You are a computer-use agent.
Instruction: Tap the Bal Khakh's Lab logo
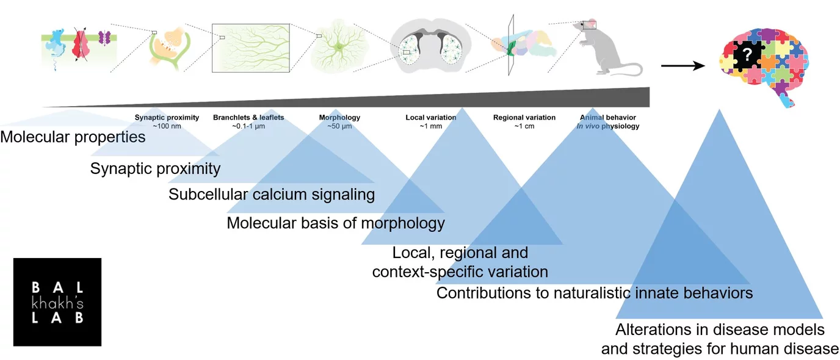pyautogui.click(x=57, y=302)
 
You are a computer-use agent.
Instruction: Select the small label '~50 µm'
pyautogui.click(x=339, y=126)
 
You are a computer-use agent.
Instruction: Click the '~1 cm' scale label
pyautogui.click(x=524, y=126)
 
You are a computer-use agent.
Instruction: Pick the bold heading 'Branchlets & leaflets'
pyautogui.click(x=248, y=118)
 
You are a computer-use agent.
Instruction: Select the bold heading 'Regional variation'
pyautogui.click(x=524, y=118)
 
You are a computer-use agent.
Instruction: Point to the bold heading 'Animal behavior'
pyautogui.click(x=608, y=118)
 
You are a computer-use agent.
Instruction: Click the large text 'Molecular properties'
pyautogui.click(x=73, y=137)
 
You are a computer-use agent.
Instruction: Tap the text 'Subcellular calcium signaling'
pyautogui.click(x=272, y=195)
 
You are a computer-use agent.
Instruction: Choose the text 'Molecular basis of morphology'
pyautogui.click(x=336, y=223)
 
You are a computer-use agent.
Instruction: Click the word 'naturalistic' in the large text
pyautogui.click(x=590, y=293)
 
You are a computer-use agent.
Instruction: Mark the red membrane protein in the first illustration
pyautogui.click(x=80, y=46)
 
